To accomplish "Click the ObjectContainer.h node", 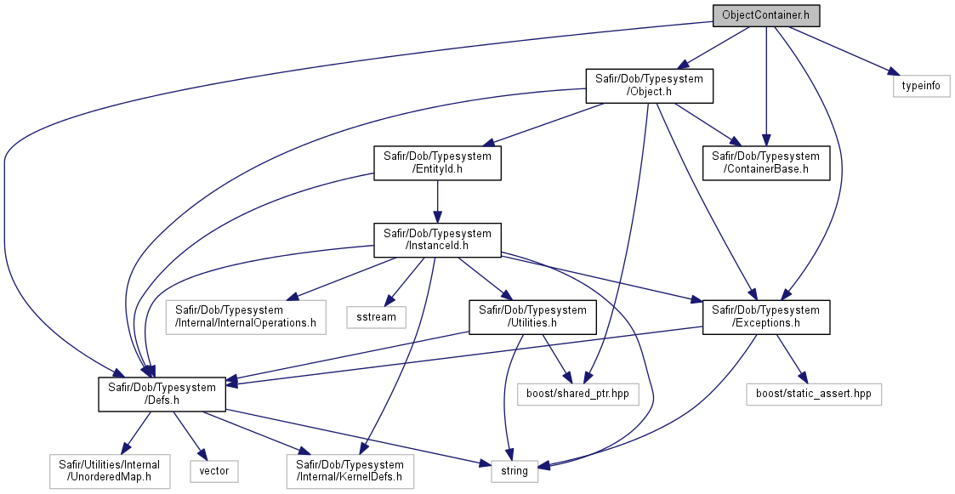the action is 766,15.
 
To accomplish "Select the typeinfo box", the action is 921,86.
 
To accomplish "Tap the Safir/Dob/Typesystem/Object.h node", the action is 649,85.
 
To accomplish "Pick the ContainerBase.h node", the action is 766,162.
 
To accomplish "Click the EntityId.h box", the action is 437,162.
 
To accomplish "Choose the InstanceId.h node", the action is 437,240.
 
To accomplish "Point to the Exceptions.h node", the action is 766,317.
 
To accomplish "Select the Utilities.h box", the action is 532,317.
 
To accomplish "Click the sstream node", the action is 377,317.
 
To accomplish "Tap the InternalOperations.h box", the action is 246,317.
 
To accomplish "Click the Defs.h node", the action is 162,395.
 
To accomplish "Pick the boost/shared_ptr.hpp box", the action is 578,395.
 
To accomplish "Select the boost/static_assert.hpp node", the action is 814,395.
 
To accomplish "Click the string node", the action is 514,471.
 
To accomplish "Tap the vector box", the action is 213,471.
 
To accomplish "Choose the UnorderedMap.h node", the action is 109,471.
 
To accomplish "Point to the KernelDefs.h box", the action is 350,471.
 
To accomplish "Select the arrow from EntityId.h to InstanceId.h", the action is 437,201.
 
